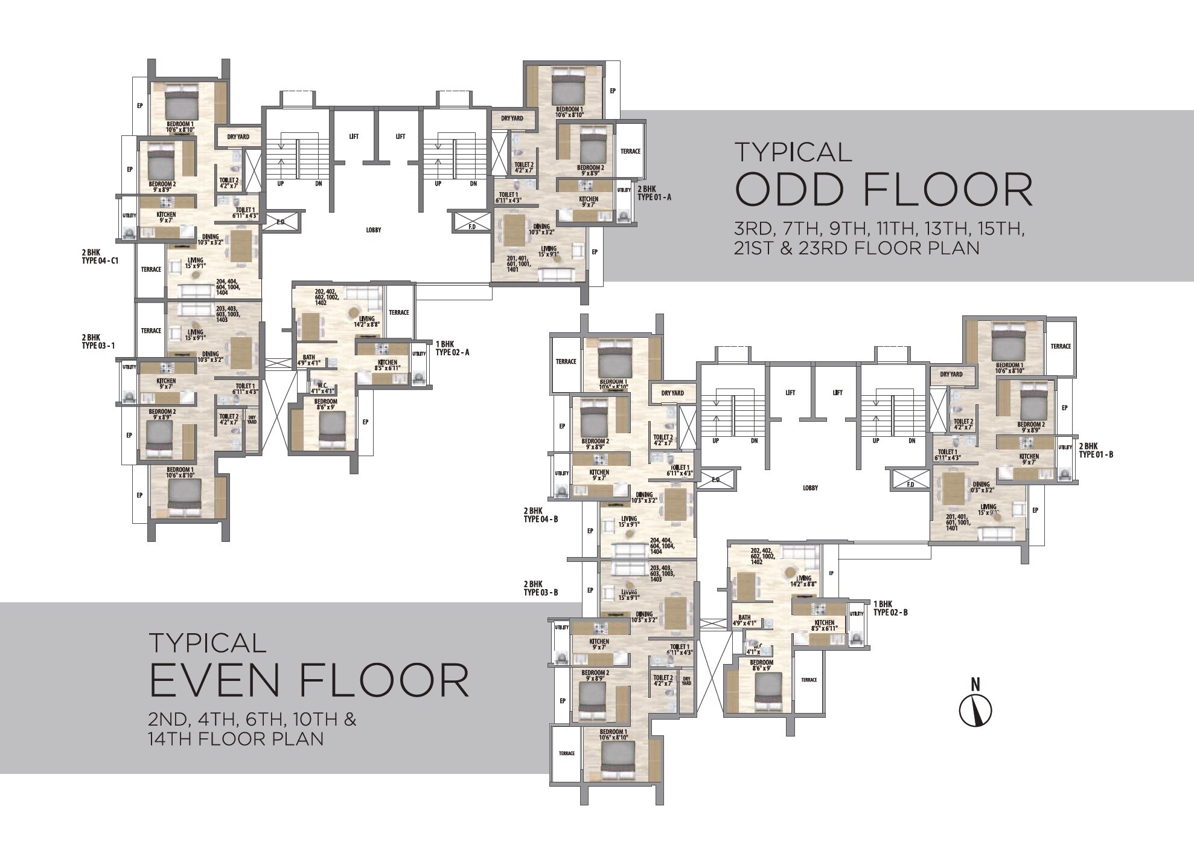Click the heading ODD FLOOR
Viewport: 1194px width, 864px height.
point(884,190)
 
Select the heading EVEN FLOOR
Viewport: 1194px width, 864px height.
point(308,680)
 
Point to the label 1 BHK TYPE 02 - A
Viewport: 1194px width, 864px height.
point(452,348)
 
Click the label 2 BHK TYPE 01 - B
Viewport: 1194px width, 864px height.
point(1096,450)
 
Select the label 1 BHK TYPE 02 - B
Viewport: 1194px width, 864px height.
point(890,608)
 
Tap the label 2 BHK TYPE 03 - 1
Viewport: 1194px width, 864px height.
point(98,341)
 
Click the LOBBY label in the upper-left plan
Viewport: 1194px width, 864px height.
point(374,230)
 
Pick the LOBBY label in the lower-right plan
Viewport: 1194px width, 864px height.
point(810,488)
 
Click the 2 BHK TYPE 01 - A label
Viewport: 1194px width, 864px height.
point(654,193)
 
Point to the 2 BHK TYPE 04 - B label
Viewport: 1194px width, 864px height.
point(540,515)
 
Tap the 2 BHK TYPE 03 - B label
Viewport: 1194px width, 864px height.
point(540,588)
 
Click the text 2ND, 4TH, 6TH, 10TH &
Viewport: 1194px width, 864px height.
point(252,720)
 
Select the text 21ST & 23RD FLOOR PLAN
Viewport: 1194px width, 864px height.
point(857,248)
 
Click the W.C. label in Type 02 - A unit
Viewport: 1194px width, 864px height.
point(318,387)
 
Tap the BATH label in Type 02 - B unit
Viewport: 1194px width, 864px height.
point(744,619)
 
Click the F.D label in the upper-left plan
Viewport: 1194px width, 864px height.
point(472,227)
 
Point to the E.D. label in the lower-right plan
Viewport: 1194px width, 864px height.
point(716,480)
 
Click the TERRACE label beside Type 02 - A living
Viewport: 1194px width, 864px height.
point(398,312)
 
